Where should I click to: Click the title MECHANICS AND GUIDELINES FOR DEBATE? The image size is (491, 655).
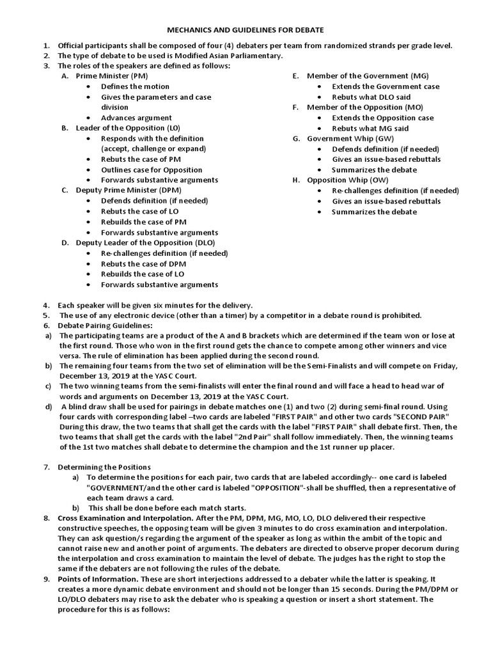[245, 29]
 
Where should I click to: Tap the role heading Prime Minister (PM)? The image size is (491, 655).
[112, 76]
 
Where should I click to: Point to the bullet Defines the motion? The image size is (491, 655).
[135, 86]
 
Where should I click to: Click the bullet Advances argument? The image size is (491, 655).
[136, 118]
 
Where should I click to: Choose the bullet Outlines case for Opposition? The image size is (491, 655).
[152, 170]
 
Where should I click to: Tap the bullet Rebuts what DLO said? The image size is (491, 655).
[371, 97]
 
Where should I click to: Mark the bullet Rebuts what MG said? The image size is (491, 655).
[370, 129]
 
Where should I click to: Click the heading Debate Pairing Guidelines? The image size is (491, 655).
[105, 326]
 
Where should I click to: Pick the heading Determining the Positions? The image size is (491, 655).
[104, 467]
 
